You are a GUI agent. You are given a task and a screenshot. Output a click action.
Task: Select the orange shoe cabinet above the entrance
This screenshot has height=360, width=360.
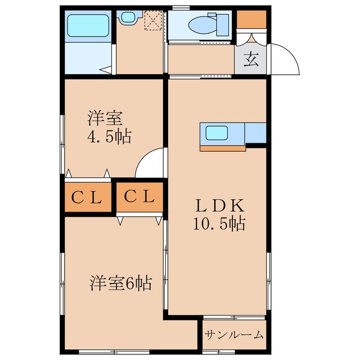250,20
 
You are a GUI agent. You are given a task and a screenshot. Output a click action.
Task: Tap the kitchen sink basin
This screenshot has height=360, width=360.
217,133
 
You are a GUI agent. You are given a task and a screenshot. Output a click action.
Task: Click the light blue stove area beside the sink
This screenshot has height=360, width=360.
255,133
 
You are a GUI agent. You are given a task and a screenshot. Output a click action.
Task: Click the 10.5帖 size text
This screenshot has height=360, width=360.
219,224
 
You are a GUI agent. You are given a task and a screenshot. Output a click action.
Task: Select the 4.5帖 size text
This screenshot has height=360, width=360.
109,137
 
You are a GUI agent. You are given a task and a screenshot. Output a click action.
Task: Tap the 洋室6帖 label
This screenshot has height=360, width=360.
120,283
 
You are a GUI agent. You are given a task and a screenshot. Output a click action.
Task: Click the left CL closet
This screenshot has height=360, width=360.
86,197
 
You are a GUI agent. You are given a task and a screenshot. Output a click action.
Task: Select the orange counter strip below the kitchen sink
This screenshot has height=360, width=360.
223,148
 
